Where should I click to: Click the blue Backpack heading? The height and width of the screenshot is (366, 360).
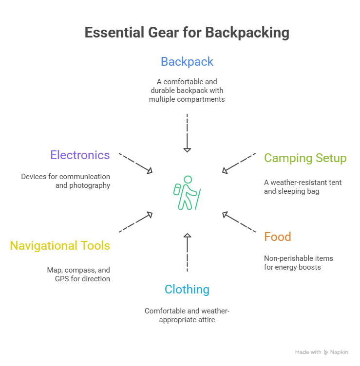pos(187,62)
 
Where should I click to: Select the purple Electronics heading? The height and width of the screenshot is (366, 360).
pos(80,155)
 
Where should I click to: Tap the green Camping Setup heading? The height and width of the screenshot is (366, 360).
pos(305,158)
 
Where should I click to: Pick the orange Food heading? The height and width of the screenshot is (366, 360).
pos(277,237)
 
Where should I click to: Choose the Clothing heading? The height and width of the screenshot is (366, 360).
pos(187,290)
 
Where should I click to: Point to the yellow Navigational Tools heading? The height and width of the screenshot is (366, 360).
pos(60,245)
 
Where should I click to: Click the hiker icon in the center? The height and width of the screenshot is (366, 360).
pos(187,193)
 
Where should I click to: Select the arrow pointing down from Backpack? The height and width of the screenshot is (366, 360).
pos(187,134)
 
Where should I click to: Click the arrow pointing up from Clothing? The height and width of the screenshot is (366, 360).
pos(187,252)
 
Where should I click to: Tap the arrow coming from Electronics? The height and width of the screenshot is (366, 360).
pos(136,164)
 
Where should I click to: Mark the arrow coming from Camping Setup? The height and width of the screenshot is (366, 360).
pos(239,163)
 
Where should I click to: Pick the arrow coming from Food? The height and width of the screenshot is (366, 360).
pos(239,222)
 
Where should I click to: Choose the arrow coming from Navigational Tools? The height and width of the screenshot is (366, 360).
pos(136,222)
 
